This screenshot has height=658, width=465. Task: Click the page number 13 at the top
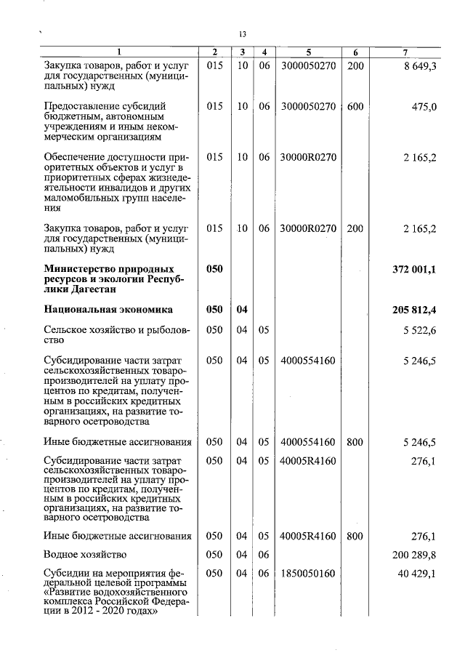pyautogui.click(x=243, y=34)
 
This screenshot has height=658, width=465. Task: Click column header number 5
pyautogui.click(x=308, y=52)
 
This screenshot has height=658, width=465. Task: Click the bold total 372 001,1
pyautogui.click(x=414, y=270)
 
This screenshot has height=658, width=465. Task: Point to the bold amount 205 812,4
pyautogui.click(x=414, y=310)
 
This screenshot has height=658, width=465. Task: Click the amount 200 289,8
pyautogui.click(x=414, y=555)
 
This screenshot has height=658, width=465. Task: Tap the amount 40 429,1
pyautogui.click(x=417, y=574)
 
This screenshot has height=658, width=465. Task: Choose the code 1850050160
pyautogui.click(x=308, y=574)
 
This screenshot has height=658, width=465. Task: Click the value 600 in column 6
pyautogui.click(x=355, y=107)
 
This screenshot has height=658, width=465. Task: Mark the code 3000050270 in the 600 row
pyautogui.click(x=308, y=107)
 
